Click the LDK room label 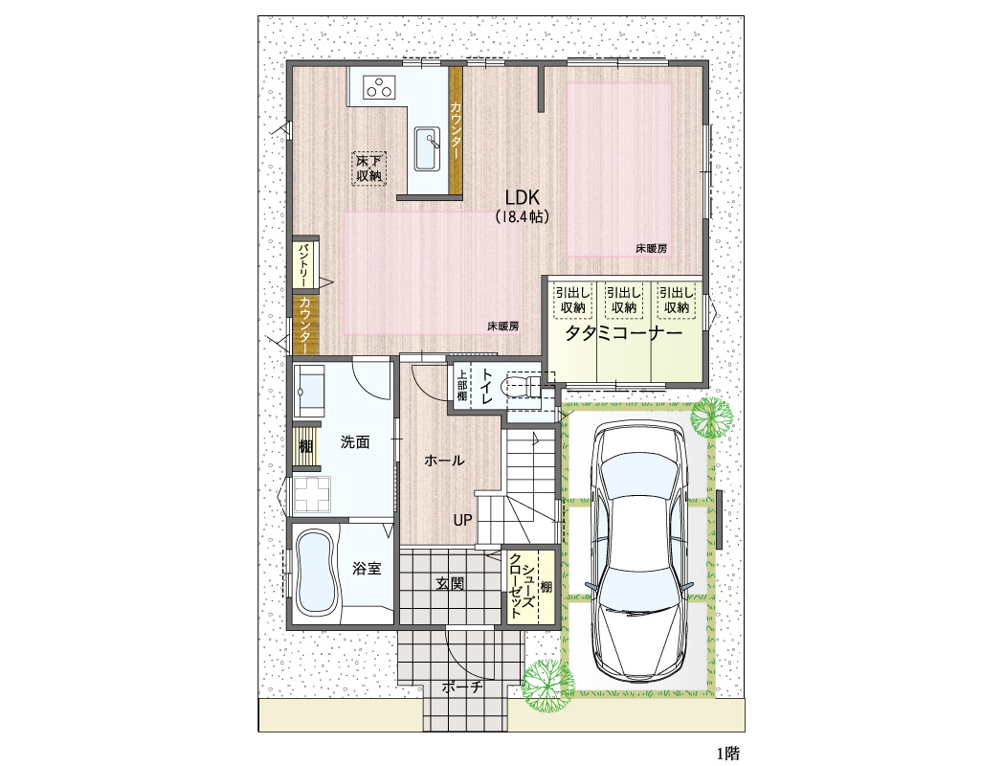pos(523,198)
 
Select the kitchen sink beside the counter pos(427,148)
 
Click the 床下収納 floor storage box pos(368,168)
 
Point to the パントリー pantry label pos(304,265)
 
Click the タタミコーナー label pos(624,333)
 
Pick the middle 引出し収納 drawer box pos(624,301)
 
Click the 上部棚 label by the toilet pos(461,385)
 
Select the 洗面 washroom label pos(355,442)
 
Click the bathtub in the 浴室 pos(316,573)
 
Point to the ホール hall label pos(444,461)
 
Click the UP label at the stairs pos(463,520)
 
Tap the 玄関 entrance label pos(449,584)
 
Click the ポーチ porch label pos(462,687)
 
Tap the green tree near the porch pos(546,686)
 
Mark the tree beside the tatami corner pos(712,417)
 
